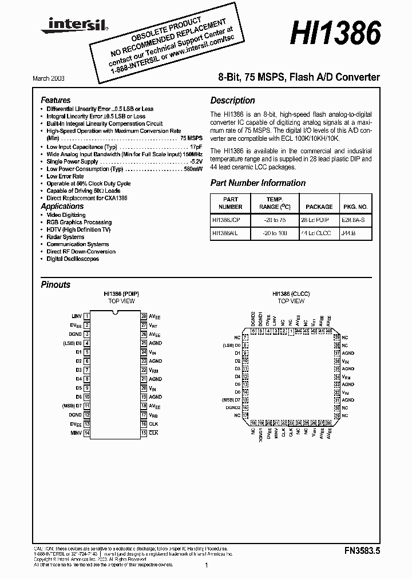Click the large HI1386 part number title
click(335, 34)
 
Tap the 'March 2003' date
click(57, 77)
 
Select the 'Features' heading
click(56, 100)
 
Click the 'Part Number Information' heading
click(257, 183)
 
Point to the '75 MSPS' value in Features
click(191, 138)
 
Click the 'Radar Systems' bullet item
click(65, 237)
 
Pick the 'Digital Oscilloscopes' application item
click(73, 259)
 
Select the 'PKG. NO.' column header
click(356, 207)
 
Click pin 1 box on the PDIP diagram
click(86, 316)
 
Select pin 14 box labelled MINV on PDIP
click(86, 433)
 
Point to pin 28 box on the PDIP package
click(144, 316)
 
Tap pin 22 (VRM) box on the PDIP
click(144, 370)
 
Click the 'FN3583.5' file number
click(362, 550)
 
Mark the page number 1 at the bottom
click(206, 565)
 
